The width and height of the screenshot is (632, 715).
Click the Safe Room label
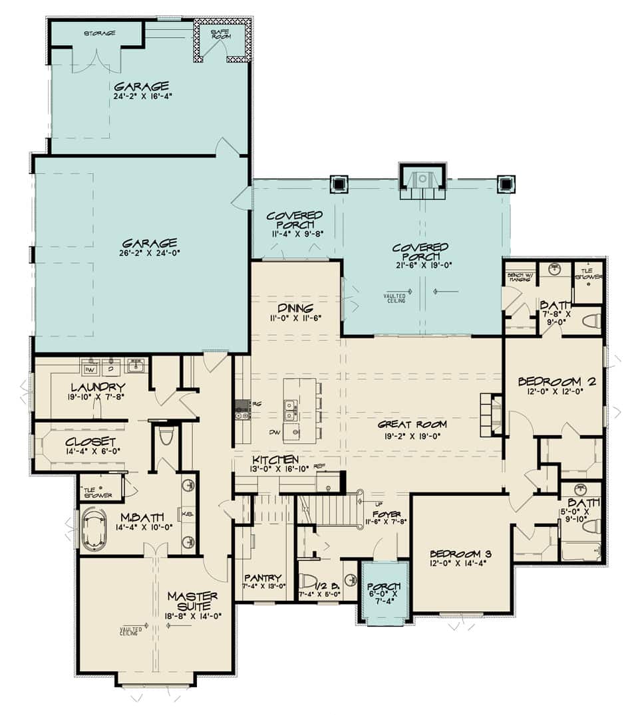tap(221, 35)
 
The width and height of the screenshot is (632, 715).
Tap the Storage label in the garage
tap(100, 33)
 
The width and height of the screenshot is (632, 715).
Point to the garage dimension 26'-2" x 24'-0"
tap(149, 253)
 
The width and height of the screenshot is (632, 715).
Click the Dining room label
tap(296, 308)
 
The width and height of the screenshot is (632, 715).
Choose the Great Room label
tap(412, 424)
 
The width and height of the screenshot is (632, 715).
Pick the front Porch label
tap(383, 586)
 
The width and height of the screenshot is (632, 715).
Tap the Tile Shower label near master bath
tap(97, 492)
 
